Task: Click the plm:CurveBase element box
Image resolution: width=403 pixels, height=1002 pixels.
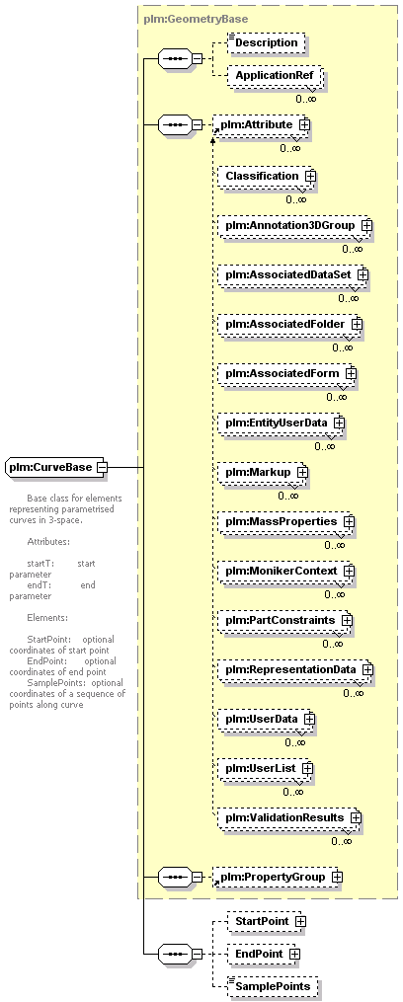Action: [56, 467]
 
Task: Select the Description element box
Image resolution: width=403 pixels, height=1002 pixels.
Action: [266, 42]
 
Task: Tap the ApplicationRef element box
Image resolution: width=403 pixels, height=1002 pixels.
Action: [274, 75]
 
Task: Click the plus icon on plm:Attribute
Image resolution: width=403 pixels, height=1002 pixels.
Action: [304, 124]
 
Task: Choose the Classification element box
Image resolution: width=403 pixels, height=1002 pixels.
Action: [267, 175]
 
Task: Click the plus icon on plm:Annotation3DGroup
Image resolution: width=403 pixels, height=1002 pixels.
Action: [366, 225]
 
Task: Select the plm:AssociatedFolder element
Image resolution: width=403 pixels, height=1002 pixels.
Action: [289, 324]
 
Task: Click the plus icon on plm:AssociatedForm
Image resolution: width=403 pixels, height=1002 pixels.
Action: [351, 372]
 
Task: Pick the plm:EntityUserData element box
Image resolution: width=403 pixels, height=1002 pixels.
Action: [281, 424]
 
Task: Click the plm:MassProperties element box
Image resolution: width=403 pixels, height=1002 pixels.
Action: [285, 521]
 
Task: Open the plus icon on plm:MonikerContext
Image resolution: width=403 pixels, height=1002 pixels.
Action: [350, 570]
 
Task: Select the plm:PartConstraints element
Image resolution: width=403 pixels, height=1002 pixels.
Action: [284, 621]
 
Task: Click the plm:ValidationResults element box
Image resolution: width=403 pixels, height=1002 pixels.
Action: [289, 817]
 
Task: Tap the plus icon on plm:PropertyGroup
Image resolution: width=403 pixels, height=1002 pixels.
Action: [337, 877]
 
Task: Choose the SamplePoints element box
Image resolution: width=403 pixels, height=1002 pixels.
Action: [273, 986]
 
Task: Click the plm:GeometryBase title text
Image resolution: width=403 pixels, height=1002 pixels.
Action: [196, 19]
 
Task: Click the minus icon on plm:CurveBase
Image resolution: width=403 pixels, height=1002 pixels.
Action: [101, 467]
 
